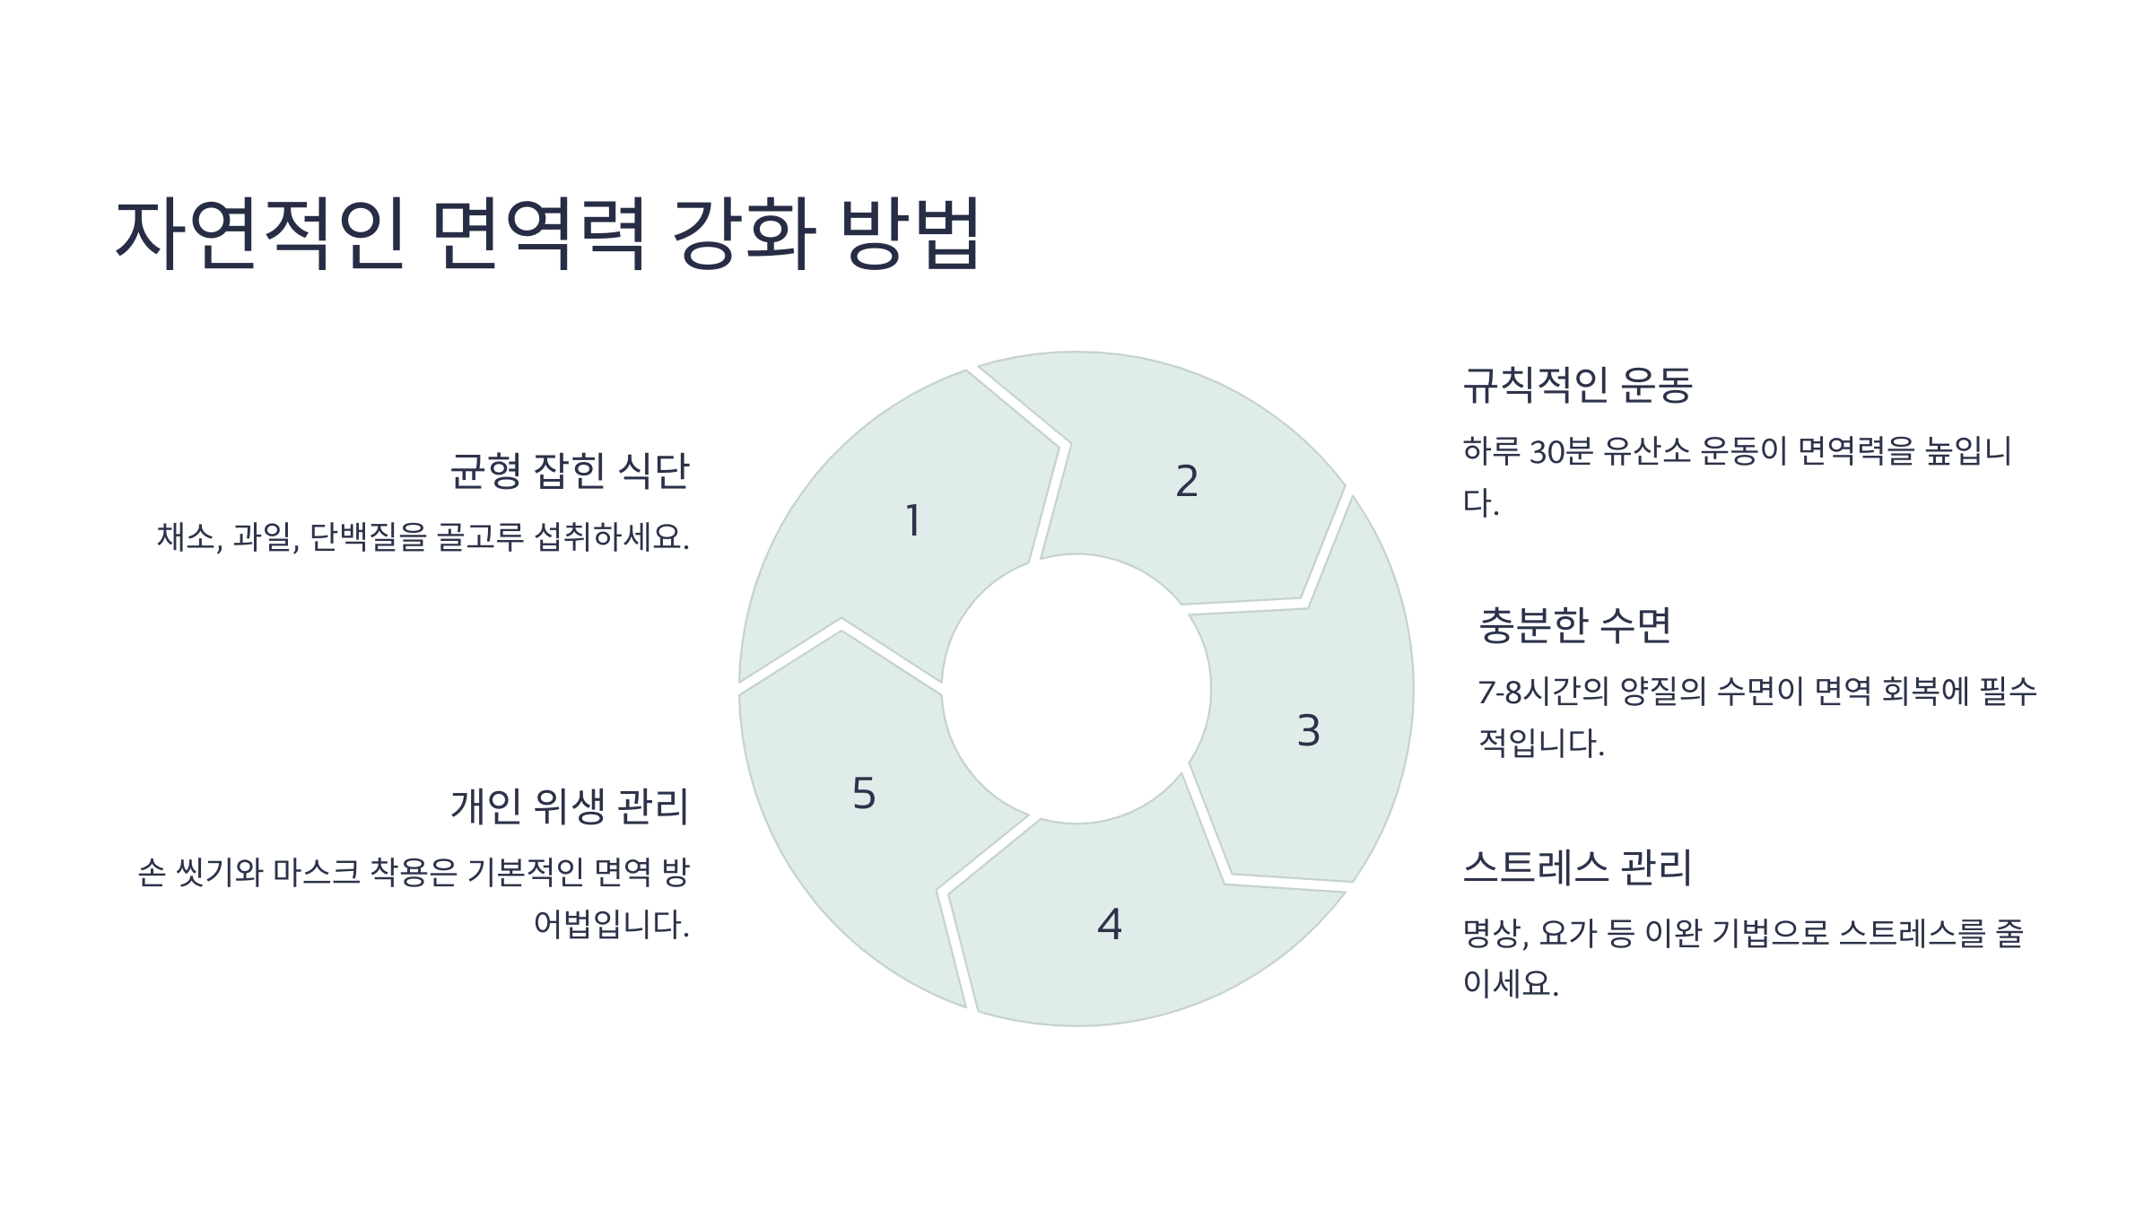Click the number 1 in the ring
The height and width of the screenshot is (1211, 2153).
click(x=913, y=521)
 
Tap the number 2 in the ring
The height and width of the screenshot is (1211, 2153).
click(x=1187, y=482)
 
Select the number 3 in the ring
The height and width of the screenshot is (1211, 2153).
click(x=1309, y=731)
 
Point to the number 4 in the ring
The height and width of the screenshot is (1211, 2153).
click(x=1110, y=925)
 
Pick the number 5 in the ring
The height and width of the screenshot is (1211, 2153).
click(x=864, y=794)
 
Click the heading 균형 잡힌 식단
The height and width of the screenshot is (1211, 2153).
click(x=570, y=471)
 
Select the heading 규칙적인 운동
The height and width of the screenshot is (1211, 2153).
click(x=1577, y=385)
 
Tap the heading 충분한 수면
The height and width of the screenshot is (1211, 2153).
click(x=1575, y=625)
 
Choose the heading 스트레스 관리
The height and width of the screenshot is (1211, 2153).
click(x=1577, y=867)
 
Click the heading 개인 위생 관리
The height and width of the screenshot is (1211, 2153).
click(x=570, y=806)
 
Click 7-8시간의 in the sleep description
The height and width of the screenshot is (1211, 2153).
click(x=1543, y=692)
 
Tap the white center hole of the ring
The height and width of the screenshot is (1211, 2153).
click(x=1076, y=689)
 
